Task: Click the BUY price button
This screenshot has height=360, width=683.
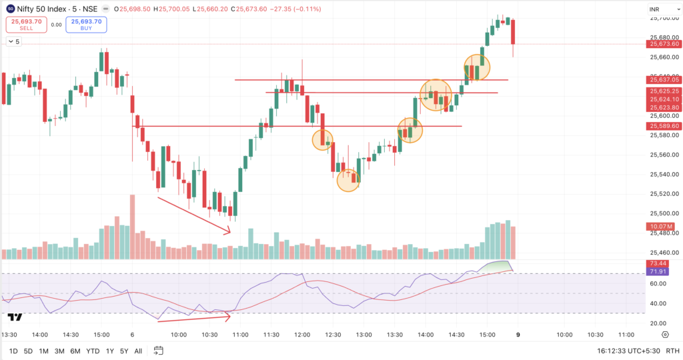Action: pos(86,25)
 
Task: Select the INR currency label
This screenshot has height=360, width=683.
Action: pos(655,9)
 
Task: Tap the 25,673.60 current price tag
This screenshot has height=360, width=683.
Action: pos(662,44)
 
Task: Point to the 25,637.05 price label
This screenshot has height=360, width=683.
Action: pos(662,80)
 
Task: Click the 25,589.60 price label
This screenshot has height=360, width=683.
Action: pos(662,126)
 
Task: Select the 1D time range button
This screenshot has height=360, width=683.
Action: pos(13,351)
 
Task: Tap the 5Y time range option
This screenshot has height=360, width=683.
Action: pos(124,351)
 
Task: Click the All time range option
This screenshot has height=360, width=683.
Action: pos(138,351)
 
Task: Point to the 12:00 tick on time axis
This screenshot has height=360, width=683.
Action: pos(303,334)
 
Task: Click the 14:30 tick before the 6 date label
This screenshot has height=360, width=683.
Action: pos(70,334)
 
